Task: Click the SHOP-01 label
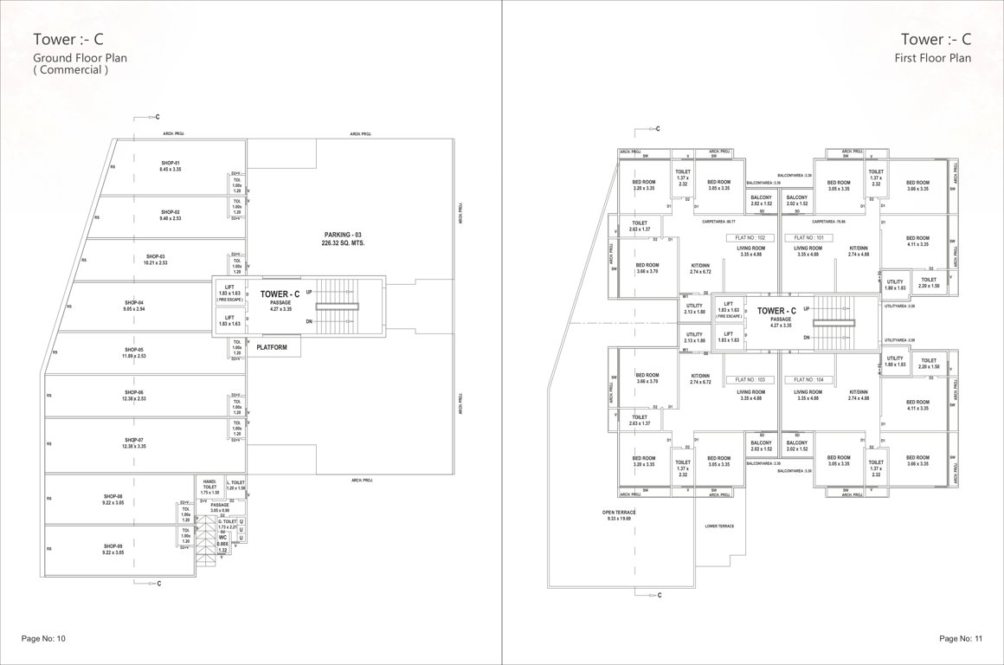coord(170,163)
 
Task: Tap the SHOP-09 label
coord(113,546)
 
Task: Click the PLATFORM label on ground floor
coord(273,347)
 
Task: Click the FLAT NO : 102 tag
coord(750,237)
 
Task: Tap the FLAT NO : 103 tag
coord(750,380)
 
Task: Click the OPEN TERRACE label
coord(620,513)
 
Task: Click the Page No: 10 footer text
coord(42,638)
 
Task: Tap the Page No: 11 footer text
coord(961,638)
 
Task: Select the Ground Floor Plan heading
coord(80,58)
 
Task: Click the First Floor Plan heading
coord(933,58)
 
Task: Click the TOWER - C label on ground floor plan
coord(280,294)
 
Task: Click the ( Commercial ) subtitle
coord(70,71)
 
